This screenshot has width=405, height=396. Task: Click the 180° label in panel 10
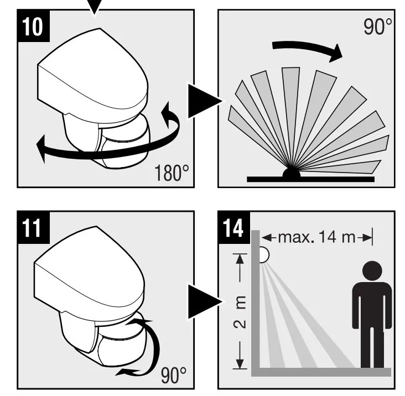(x=169, y=173)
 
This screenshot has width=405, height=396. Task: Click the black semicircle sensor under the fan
(x=292, y=173)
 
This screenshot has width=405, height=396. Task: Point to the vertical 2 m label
(x=240, y=310)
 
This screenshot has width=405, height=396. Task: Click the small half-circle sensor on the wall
(x=264, y=254)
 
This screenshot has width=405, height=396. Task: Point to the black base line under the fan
(x=310, y=179)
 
